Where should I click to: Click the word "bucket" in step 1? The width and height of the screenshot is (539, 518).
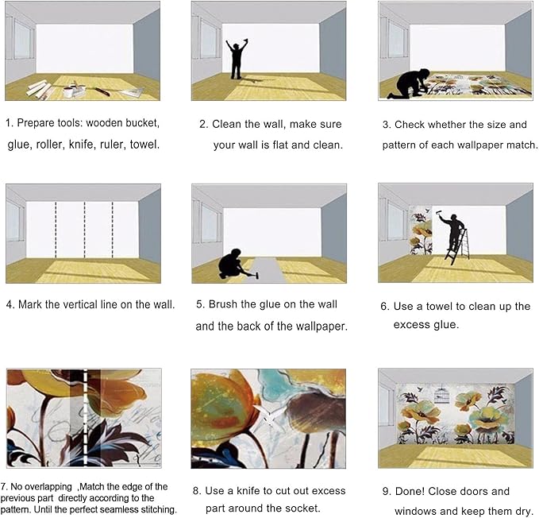(141, 124)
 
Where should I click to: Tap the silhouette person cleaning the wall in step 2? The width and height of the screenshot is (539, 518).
(236, 58)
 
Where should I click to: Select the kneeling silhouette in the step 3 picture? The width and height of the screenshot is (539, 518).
(409, 84)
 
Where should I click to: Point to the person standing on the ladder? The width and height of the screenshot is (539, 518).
(453, 230)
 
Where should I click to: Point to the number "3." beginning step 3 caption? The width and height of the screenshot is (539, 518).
(387, 125)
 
